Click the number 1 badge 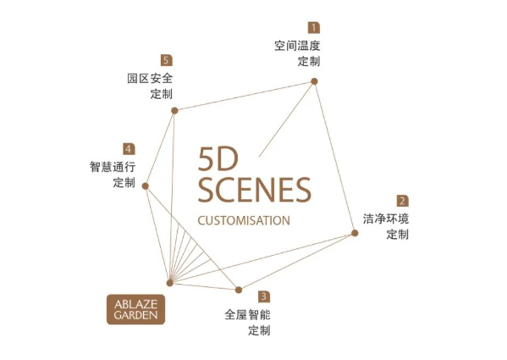click(x=314, y=27)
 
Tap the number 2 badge click(x=403, y=201)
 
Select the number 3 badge click(x=264, y=296)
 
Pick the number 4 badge click(x=129, y=149)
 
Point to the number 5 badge click(x=167, y=60)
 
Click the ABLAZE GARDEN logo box click(x=135, y=309)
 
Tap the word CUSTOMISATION click(x=244, y=220)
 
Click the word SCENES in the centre click(x=254, y=190)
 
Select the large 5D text click(x=218, y=158)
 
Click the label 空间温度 click(x=297, y=46)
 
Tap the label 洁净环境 click(x=386, y=219)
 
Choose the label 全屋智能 click(x=248, y=315)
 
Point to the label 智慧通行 click(x=113, y=167)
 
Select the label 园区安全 click(x=150, y=78)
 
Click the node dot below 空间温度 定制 click(x=314, y=81)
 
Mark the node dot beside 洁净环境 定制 click(x=355, y=233)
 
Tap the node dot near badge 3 click(x=239, y=290)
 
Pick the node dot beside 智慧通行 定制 click(x=146, y=186)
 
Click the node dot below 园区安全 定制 click(x=174, y=111)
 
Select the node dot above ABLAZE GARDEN click(x=170, y=283)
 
